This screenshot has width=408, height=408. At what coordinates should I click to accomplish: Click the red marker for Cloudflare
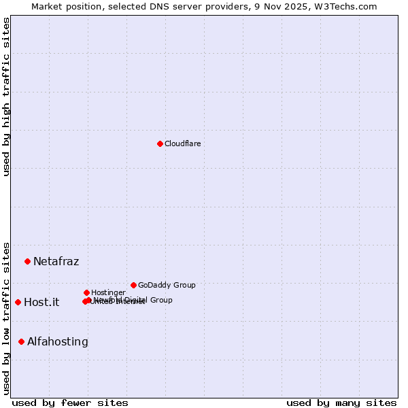160,143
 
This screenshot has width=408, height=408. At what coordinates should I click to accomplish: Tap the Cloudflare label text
182,143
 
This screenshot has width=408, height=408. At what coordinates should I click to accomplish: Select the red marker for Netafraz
28,261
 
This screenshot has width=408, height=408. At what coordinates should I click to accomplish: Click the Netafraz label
56,261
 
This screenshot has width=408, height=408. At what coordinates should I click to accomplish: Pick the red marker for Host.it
18,302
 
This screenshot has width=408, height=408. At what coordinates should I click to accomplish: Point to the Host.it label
41,302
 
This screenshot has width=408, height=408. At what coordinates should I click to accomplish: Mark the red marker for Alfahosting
22,341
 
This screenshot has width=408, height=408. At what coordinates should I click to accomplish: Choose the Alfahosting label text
58,341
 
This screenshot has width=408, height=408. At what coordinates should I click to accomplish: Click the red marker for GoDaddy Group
133,285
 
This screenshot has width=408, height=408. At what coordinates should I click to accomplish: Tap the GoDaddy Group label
167,285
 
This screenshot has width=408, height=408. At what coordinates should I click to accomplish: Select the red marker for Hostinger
87,292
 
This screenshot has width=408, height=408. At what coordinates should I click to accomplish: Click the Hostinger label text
108,292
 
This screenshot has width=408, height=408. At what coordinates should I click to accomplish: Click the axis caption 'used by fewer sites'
70,403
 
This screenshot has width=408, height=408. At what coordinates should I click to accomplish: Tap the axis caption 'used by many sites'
341,403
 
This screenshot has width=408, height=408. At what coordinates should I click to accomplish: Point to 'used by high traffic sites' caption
6,97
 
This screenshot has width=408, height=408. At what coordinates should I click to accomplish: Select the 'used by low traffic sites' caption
6,318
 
